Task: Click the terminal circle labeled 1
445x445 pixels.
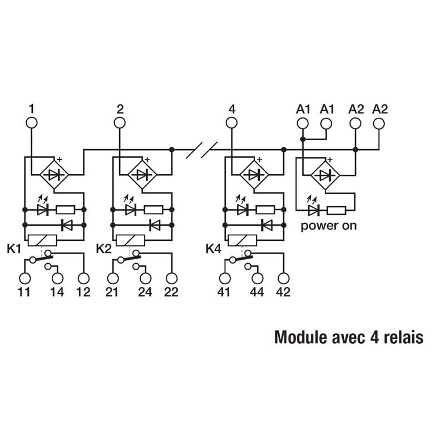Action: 31,123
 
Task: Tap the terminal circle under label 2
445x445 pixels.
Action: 120,123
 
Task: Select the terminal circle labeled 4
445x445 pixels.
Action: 232,123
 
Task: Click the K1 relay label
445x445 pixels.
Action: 14,249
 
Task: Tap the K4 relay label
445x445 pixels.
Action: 214,249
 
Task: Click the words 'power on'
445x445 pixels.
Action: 328,226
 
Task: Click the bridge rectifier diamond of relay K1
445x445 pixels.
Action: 54,175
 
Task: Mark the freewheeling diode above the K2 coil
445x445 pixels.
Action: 155,225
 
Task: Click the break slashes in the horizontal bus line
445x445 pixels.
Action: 201,149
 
